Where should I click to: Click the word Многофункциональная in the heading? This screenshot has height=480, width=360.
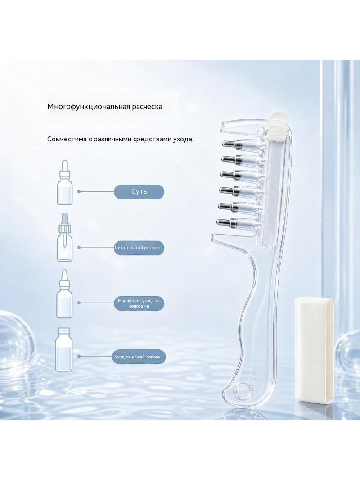pyautogui.click(x=89, y=107)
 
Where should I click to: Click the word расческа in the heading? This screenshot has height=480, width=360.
pyautogui.click(x=147, y=107)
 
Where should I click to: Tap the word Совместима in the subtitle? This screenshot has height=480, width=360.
pyautogui.click(x=63, y=139)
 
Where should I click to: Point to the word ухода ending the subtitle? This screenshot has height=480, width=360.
pyautogui.click(x=183, y=140)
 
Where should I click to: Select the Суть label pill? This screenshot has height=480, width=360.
pyautogui.click(x=139, y=192)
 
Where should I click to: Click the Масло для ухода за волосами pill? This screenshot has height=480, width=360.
pyautogui.click(x=139, y=303)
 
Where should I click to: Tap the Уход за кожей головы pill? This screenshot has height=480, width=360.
pyautogui.click(x=139, y=357)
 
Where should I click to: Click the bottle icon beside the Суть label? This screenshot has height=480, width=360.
pyautogui.click(x=65, y=182)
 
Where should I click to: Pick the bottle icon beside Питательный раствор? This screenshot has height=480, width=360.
pyautogui.click(x=65, y=237)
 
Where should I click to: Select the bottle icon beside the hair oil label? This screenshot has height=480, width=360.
pyautogui.click(x=64, y=294)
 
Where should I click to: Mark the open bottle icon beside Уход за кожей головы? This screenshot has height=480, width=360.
pyautogui.click(x=64, y=349)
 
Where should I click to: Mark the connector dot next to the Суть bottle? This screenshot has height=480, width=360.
pyautogui.click(x=79, y=192)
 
